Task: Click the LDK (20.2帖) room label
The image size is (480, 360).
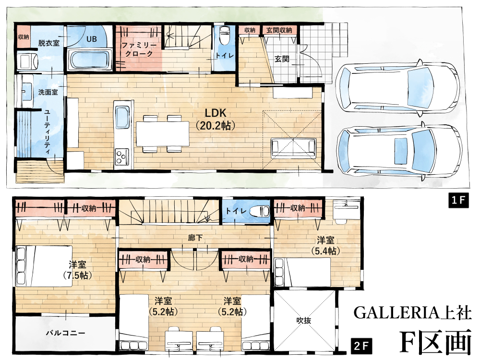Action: coord(215,119)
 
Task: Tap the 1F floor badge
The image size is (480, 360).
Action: coord(458,200)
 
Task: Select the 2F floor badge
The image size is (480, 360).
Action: coord(361,346)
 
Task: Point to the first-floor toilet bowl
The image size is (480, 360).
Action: coord(225,36)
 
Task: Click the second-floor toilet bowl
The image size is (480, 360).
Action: coord(260,211)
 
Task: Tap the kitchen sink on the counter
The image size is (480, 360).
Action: coord(123,118)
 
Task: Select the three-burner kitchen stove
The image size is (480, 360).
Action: coord(122,156)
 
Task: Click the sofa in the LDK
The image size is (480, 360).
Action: coord(293,148)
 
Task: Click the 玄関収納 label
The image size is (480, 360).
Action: coord(279,30)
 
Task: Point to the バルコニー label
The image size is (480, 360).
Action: coord(65,333)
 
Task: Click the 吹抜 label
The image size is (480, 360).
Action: coord(303,321)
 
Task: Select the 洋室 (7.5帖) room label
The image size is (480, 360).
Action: coord(77,270)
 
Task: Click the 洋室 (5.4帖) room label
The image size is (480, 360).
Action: coord(325,245)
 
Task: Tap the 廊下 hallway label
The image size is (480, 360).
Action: coord(195,238)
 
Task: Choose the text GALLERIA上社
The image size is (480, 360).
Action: coord(412,312)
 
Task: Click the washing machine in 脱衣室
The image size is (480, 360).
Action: coord(27,61)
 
